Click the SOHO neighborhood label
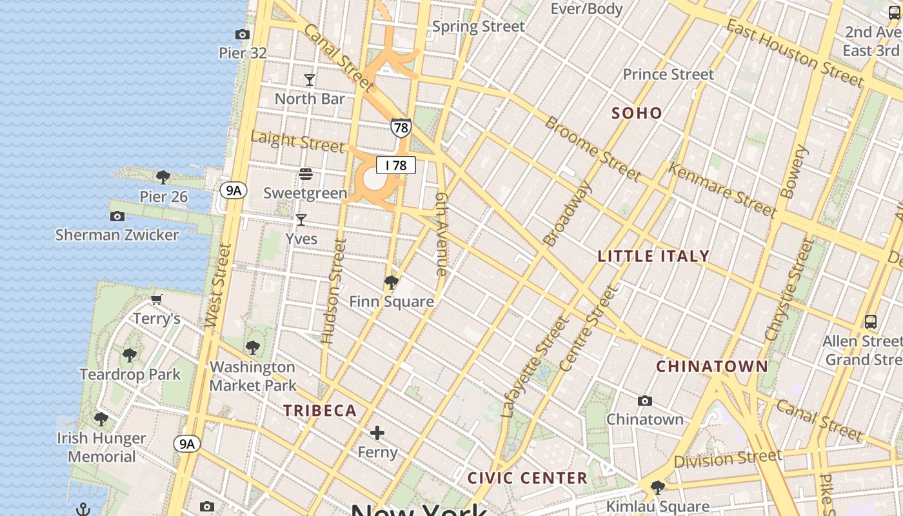pos(637,114)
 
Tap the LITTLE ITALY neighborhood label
pos(653,256)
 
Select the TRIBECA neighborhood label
pos(320,411)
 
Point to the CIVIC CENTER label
pos(527,478)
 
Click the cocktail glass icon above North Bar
pos(310,80)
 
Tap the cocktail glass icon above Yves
pos(301,220)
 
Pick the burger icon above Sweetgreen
pos(305,174)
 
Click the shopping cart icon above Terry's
pos(156,299)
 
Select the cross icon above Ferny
pos(377,433)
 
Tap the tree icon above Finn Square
pos(391,283)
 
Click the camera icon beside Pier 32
pos(243,34)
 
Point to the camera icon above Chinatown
pos(644,401)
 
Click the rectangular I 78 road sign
pos(396,166)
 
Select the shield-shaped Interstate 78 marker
pos(401,128)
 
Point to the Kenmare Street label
pos(721,190)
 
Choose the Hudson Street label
pos(334,290)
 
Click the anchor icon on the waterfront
pos(83,510)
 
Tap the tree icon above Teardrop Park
pos(130,355)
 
